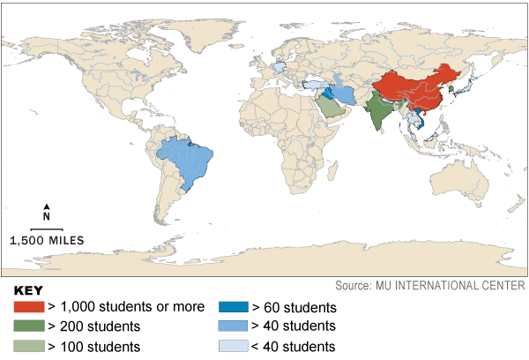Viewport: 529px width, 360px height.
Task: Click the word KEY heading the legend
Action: pyautogui.click(x=29, y=290)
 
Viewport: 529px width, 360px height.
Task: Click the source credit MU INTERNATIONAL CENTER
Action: pyautogui.click(x=429, y=286)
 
